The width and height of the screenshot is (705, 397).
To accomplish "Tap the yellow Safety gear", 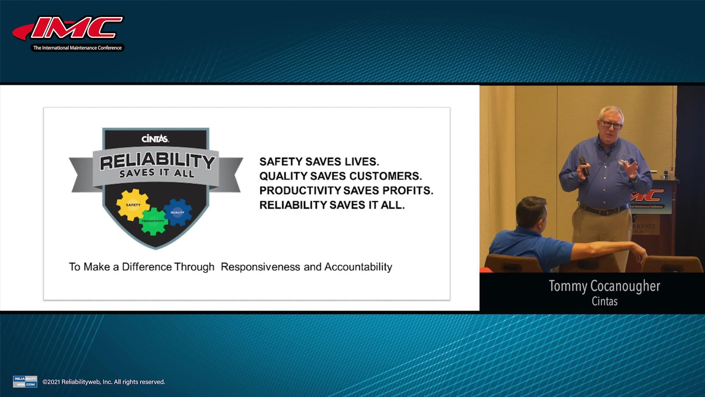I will tap(133, 205).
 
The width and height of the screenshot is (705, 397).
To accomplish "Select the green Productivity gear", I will tap(153, 221).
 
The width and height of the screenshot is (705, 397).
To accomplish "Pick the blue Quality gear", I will tap(177, 212).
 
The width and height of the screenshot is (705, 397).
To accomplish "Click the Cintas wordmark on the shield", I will tap(155, 139).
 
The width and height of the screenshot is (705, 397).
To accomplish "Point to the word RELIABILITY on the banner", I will tap(157, 161).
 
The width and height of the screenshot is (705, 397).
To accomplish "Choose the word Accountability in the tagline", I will tap(358, 267).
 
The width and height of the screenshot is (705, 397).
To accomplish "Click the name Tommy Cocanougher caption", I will tap(604, 286).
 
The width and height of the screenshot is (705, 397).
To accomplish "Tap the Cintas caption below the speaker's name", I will tap(604, 301).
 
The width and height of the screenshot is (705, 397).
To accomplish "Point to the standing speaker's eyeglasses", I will tap(611, 125).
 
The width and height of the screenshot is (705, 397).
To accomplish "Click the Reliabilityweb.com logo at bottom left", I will tap(25, 382).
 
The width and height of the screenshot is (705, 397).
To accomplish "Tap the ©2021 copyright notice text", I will tap(104, 382).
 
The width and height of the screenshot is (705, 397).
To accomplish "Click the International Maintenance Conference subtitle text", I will tap(77, 48).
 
